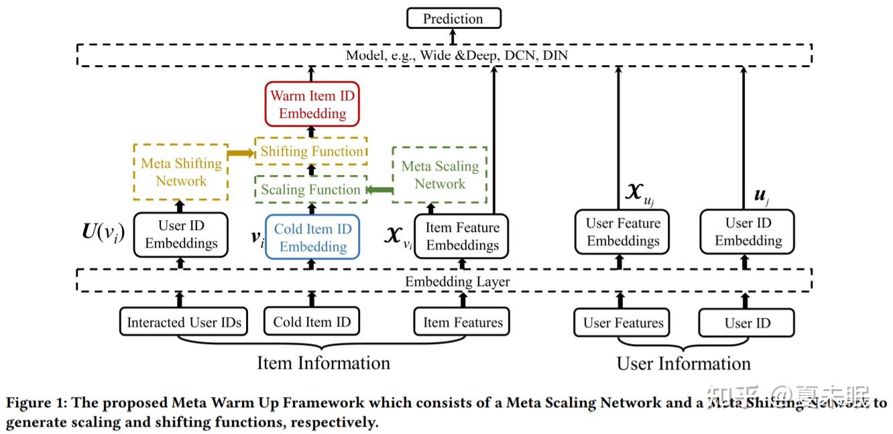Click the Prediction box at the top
pos(453,18)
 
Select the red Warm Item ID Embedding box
pos(312,104)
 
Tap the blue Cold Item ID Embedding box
pos(312,237)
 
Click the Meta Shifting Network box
pos(181,172)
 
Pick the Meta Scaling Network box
pos(440,174)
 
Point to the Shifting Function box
pos(311,151)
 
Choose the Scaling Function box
pos(311,190)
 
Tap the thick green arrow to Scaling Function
pos(380,191)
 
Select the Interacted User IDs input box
pos(184,322)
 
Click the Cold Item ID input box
pos(312,321)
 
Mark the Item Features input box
pos(462,322)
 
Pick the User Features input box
pos(623,323)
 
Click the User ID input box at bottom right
pos(747,323)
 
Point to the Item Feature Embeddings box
pos(462,236)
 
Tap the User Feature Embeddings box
pos(623,231)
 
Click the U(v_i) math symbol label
pos(103,234)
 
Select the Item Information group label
pos(323,363)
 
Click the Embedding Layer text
pos(457,281)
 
